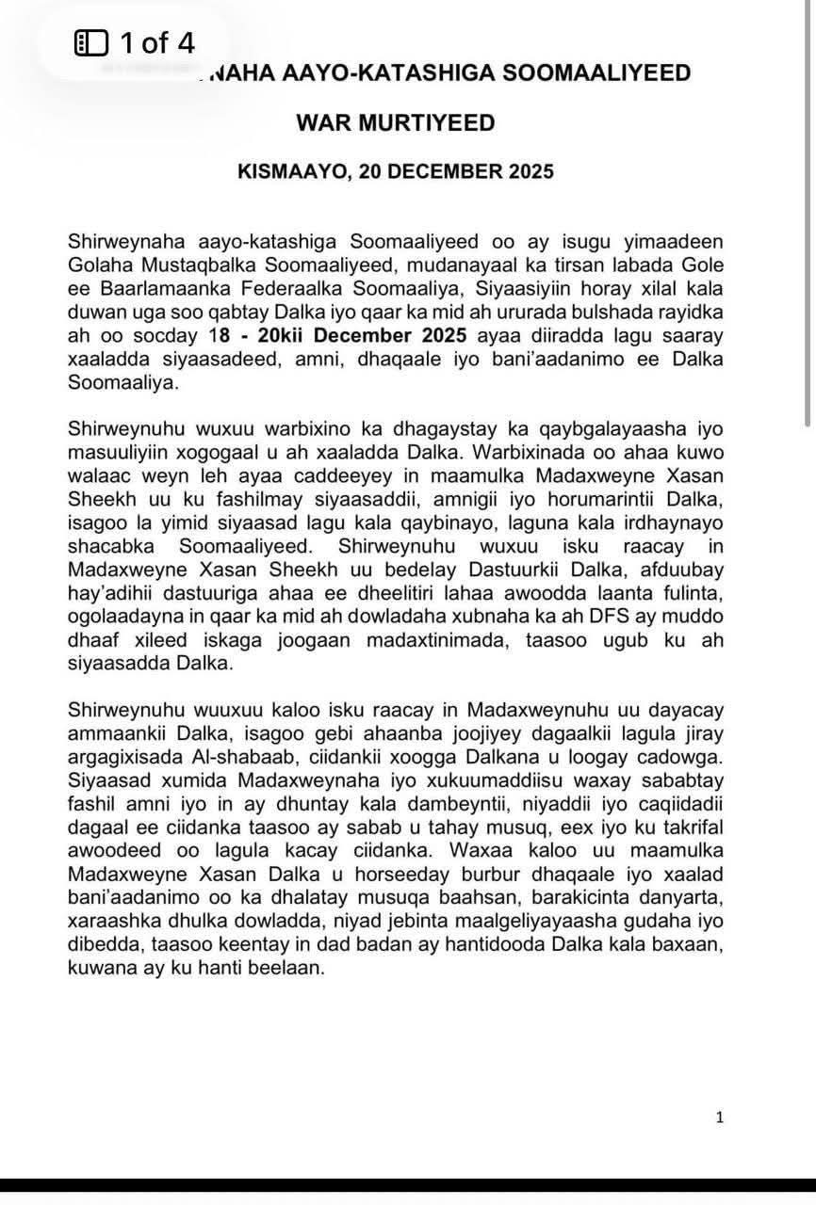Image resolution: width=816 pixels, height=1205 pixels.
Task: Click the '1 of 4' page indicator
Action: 156,42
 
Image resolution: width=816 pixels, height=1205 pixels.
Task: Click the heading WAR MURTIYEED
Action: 395,122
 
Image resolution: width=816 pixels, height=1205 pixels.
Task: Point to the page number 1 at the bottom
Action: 720,1117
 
